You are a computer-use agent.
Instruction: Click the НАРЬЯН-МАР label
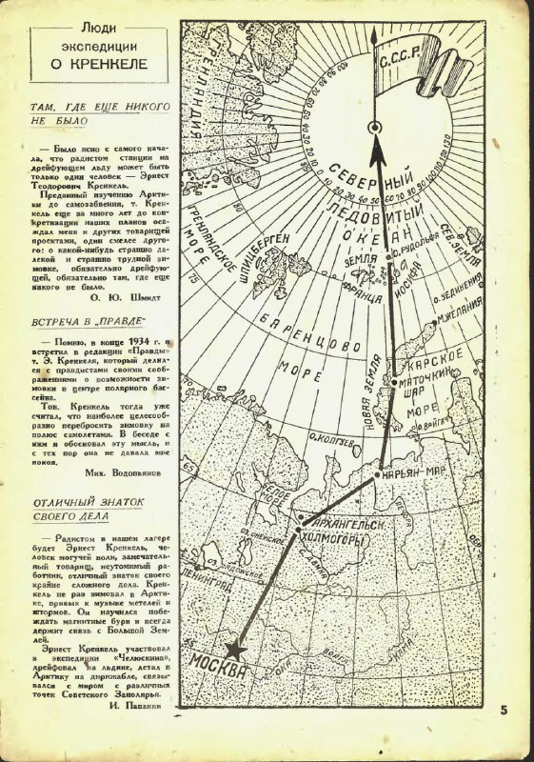(x=411, y=473)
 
